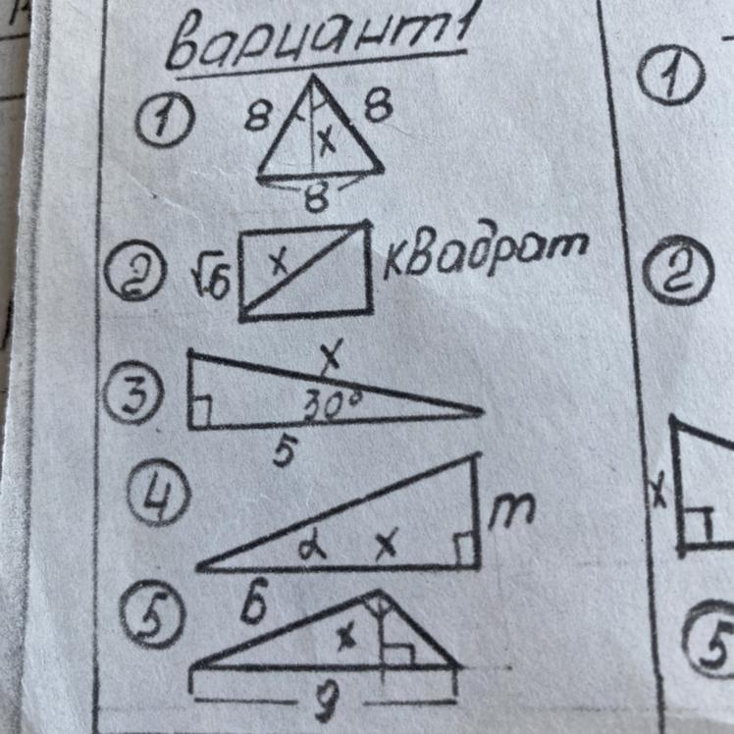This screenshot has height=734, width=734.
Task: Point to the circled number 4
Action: click(158, 498)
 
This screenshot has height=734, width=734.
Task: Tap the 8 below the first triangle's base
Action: click(315, 201)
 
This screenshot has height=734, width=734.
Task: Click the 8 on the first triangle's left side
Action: click(258, 120)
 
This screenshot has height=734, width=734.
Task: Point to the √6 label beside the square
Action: click(210, 281)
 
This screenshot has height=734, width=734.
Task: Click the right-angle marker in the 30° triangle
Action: click(200, 414)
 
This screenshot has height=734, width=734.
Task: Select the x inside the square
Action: click(278, 260)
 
